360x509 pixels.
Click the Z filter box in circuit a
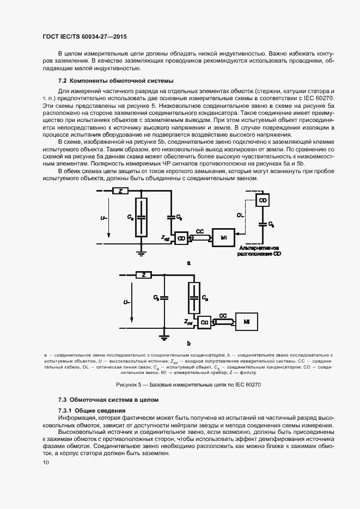coord(120,191)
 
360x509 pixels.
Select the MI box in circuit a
coord(223,237)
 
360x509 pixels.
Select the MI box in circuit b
coord(247,322)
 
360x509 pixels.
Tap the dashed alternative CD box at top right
coord(263,200)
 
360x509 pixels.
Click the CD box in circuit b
coord(205,322)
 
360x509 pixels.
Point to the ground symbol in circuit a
coord(141,252)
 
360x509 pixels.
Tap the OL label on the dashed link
coord(240,216)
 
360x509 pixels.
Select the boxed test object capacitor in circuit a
coord(141,217)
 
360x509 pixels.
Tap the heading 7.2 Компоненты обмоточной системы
coord(115,81)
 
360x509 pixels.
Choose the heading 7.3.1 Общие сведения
coord(91,410)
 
